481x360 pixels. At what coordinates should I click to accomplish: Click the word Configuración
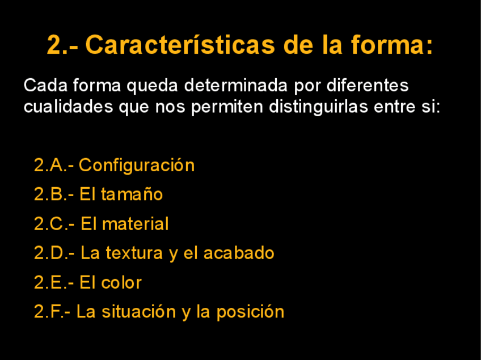[x=137, y=166]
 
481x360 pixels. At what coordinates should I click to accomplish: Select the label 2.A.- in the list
[x=53, y=166]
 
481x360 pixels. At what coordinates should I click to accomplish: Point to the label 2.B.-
[x=53, y=194]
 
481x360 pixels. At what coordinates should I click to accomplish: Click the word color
[x=121, y=283]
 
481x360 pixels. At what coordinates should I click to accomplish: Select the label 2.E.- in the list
[x=53, y=283]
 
